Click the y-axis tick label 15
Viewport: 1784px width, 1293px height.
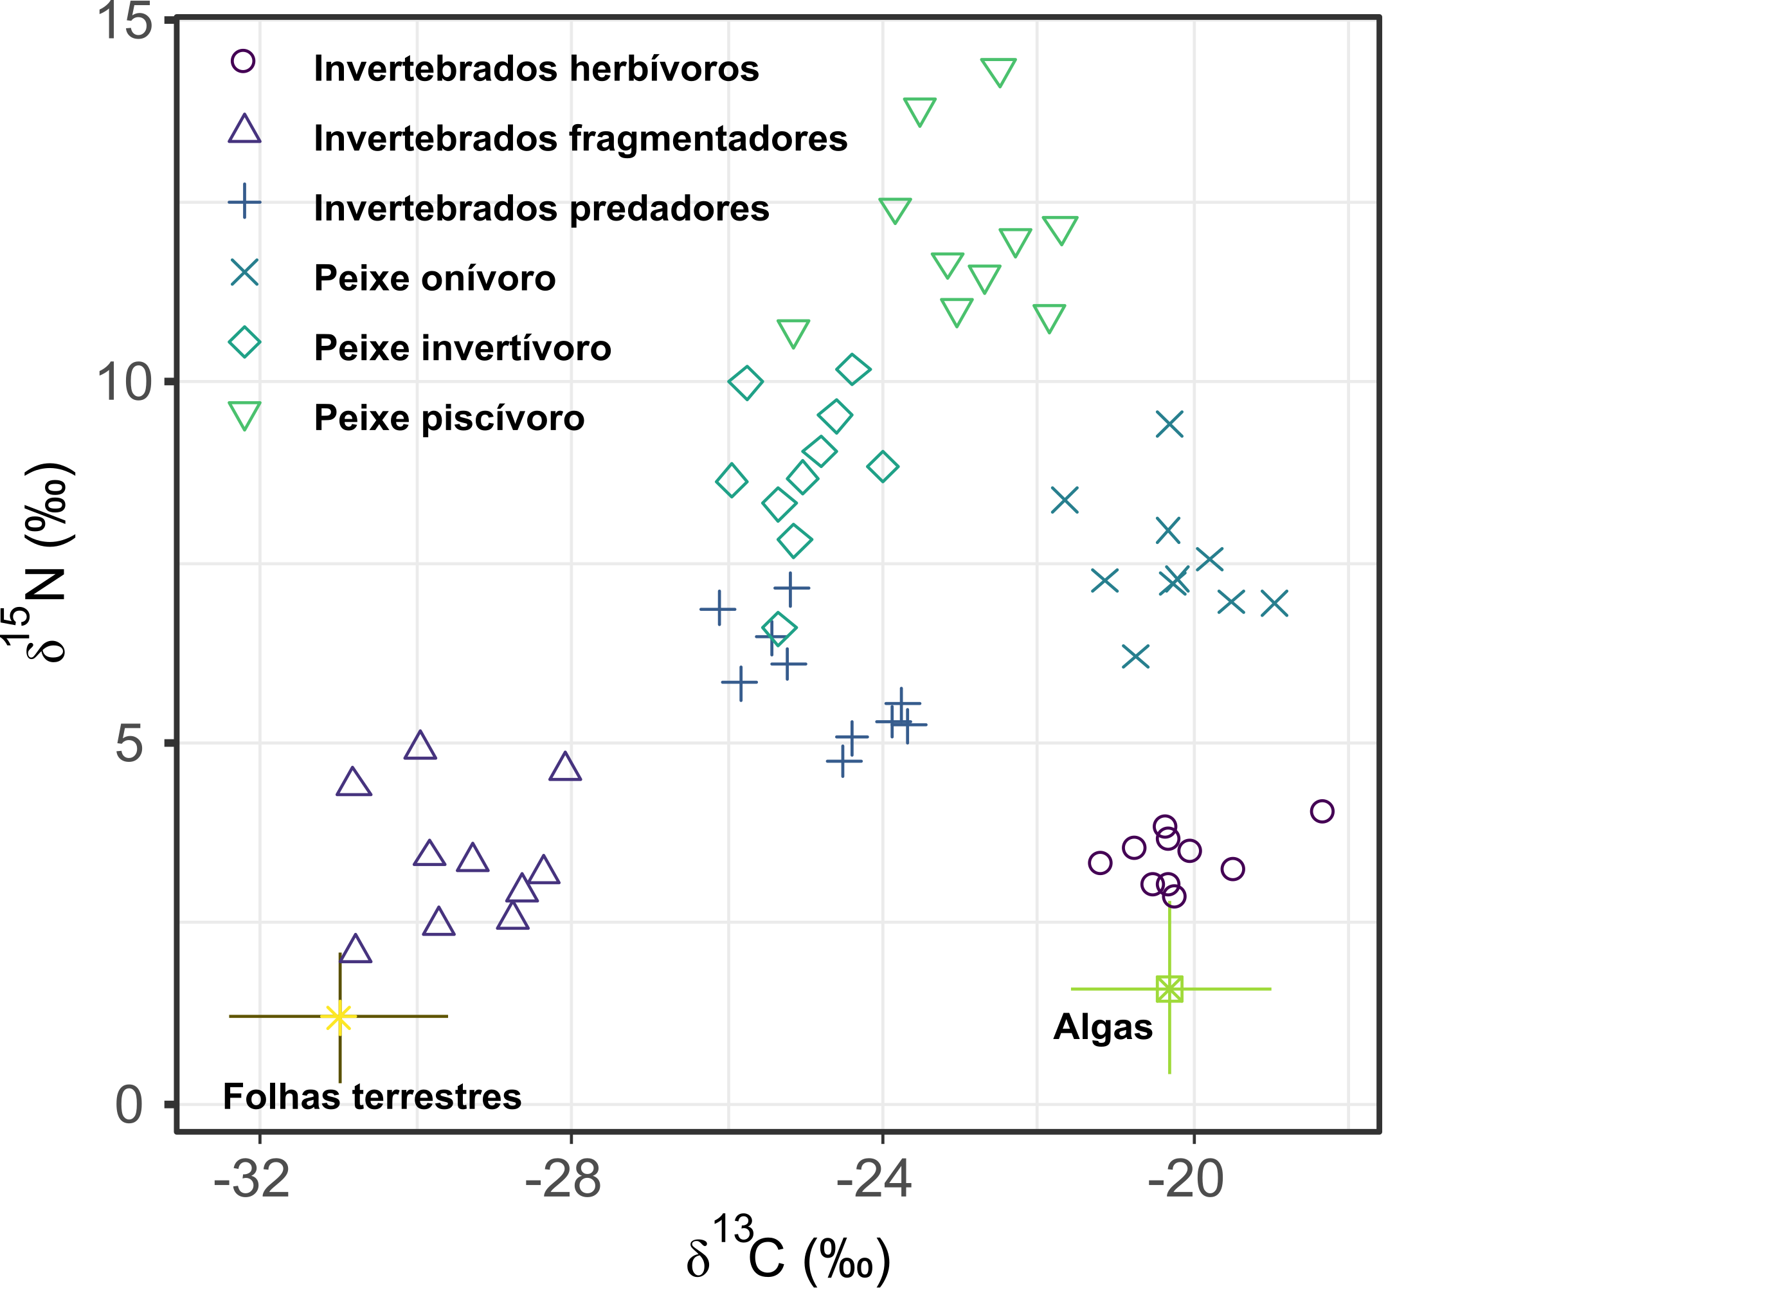pyautogui.click(x=123, y=20)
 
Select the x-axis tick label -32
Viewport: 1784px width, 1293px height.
pyautogui.click(x=252, y=1180)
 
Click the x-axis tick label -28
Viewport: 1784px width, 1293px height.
pyautogui.click(x=563, y=1180)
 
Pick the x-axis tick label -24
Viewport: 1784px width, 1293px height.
pyautogui.click(x=874, y=1180)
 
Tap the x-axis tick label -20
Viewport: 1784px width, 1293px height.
pyautogui.click(x=1186, y=1180)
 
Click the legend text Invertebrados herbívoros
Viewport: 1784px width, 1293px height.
pyautogui.click(x=536, y=68)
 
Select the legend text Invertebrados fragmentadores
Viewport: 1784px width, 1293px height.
pyautogui.click(x=581, y=138)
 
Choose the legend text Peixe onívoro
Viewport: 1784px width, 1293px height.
pyautogui.click(x=434, y=278)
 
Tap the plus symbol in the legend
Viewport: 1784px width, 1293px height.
pyautogui.click(x=245, y=202)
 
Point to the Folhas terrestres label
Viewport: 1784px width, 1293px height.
pyautogui.click(x=372, y=1096)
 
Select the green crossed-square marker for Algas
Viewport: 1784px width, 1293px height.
pyautogui.click(x=1169, y=989)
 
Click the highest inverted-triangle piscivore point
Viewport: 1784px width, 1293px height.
pyautogui.click(x=999, y=71)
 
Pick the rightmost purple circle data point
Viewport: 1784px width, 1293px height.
pyautogui.click(x=1322, y=811)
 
